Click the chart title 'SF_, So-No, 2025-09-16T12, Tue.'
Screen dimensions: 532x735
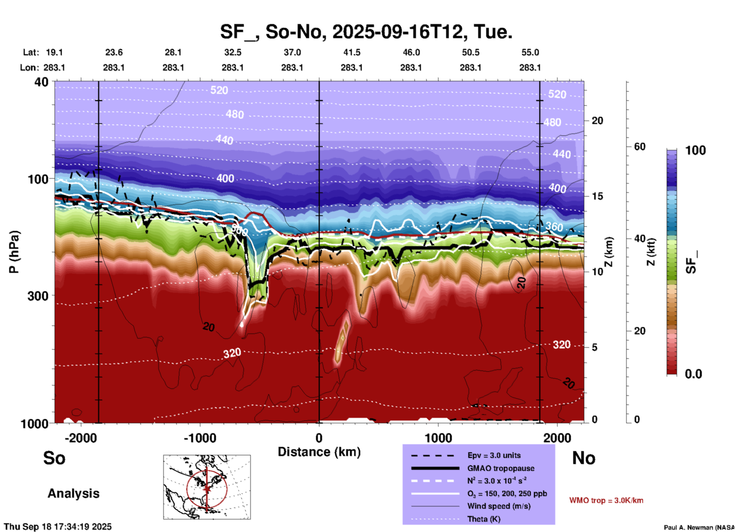(x=366, y=32)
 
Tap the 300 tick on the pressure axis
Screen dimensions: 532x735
(x=38, y=296)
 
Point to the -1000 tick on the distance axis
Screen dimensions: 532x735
(x=200, y=438)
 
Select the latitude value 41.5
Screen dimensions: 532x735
(x=351, y=52)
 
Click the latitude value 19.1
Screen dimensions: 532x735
(x=54, y=52)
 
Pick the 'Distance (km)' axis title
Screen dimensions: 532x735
(x=319, y=452)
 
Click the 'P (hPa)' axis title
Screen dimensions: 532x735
(x=14, y=252)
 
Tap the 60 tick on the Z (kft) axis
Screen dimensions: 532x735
(x=640, y=147)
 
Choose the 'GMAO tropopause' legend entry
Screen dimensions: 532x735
(x=501, y=468)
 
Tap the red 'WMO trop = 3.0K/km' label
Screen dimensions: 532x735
(x=606, y=500)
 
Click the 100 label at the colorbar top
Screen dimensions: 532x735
(x=695, y=150)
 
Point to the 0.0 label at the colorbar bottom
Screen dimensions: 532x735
(x=693, y=374)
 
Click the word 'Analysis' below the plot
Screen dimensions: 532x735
(x=73, y=493)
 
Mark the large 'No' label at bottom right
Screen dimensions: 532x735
(x=583, y=458)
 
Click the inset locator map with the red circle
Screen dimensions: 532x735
(x=207, y=487)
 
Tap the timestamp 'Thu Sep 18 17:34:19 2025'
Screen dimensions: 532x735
(x=58, y=527)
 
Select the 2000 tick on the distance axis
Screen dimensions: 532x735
(x=558, y=438)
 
